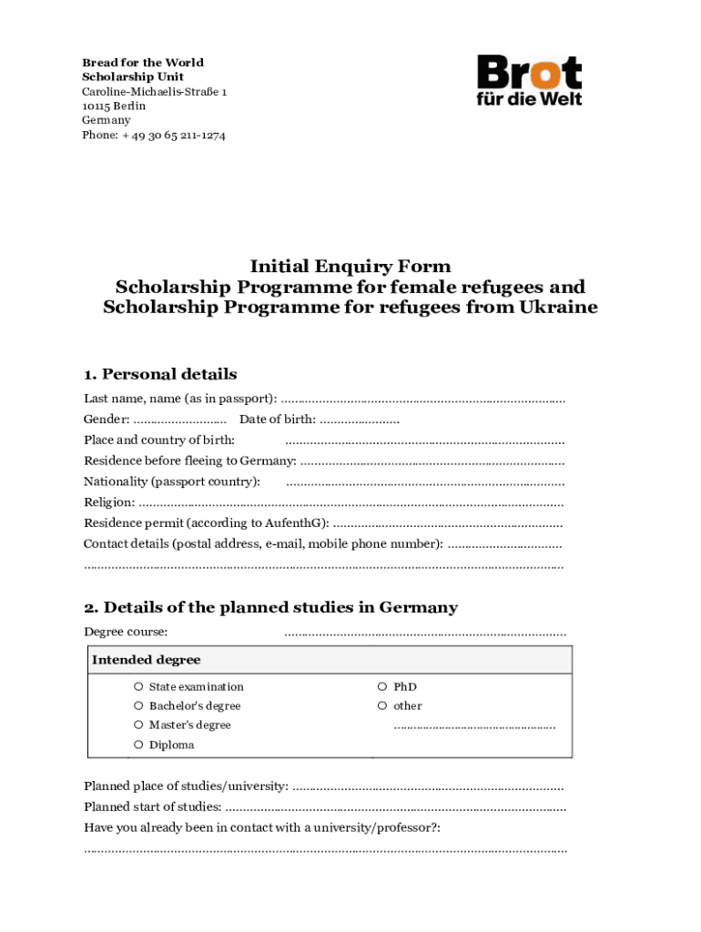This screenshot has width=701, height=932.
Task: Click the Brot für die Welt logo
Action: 529,80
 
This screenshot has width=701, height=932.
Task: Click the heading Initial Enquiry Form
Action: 350,267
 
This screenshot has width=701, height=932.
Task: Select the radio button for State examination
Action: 138,687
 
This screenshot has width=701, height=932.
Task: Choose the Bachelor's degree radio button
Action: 138,706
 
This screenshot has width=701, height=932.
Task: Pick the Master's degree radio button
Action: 138,725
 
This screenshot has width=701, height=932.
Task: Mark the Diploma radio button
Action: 138,745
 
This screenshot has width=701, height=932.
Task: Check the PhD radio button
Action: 382,687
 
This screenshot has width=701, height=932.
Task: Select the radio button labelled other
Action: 382,706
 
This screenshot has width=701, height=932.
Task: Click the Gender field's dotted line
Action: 179,420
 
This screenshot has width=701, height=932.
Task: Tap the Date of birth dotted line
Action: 359,420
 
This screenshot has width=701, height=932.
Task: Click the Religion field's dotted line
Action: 350,503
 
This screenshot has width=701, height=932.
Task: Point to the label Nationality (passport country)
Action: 172,481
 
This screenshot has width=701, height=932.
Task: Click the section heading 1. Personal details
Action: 160,374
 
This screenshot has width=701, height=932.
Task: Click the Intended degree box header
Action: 147,660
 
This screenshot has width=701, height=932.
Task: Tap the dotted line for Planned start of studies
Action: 395,807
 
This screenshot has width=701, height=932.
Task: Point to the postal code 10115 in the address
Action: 96,106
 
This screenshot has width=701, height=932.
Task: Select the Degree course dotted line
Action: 424,633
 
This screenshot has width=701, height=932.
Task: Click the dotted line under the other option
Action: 473,727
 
